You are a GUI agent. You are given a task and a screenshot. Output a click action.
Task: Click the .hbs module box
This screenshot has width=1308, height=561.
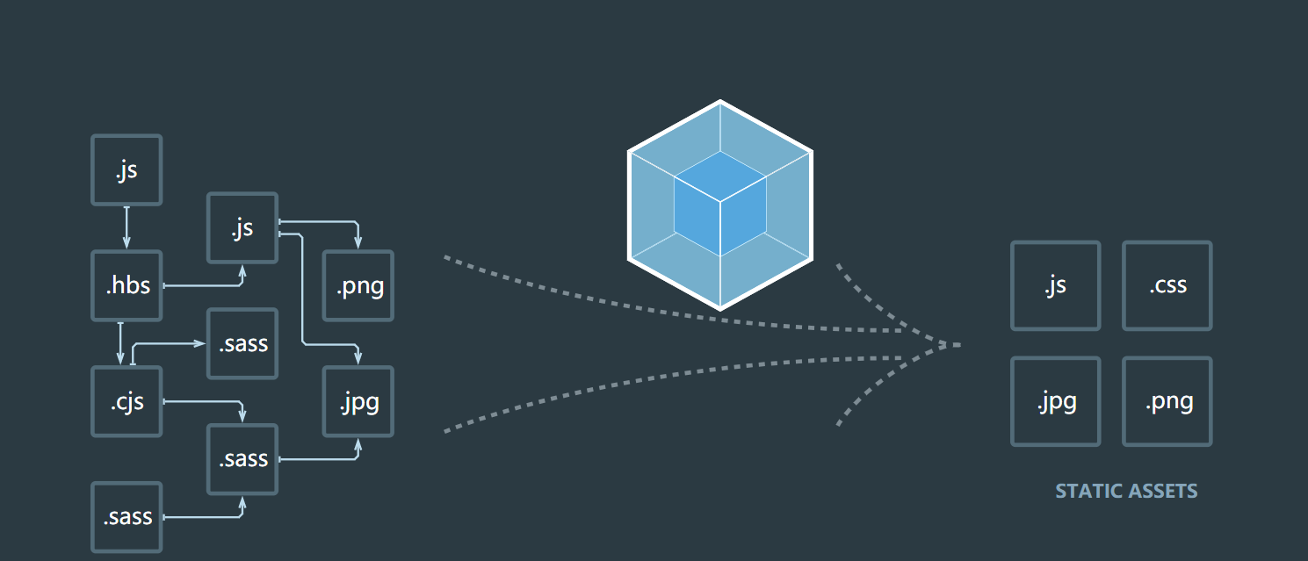point(127,285)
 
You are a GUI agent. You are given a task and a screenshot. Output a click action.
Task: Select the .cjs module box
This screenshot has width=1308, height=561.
point(127,401)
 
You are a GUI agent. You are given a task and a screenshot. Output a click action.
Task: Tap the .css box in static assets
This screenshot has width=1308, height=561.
point(1167,285)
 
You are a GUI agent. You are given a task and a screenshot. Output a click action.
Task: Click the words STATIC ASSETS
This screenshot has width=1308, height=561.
point(1126,491)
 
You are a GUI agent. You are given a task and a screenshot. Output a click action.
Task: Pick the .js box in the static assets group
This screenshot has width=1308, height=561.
point(1055,285)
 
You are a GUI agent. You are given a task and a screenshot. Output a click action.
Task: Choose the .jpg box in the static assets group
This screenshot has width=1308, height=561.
point(1055,401)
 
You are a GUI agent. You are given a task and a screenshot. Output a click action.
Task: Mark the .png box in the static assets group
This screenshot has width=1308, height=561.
point(1167,401)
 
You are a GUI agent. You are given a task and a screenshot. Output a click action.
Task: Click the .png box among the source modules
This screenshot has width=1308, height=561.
point(358,285)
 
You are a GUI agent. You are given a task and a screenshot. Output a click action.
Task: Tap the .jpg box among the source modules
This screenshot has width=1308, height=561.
point(358,401)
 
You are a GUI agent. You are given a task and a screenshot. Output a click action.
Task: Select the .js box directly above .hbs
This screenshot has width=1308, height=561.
point(127,169)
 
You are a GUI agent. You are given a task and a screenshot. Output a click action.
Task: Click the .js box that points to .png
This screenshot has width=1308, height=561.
point(242,227)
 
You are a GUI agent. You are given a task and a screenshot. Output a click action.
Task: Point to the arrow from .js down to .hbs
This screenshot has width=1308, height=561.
point(127,227)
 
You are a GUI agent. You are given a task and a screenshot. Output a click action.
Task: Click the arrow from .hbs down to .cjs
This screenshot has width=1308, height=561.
point(120,343)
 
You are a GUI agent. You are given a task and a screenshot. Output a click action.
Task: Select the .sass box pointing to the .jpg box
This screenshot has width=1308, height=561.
point(242,459)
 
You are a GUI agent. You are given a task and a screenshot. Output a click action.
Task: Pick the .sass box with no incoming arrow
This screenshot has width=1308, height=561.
point(127,517)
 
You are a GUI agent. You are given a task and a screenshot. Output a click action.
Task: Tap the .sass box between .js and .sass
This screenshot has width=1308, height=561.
point(242,343)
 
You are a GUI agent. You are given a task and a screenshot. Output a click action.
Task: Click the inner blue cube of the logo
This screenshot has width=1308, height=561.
point(720,204)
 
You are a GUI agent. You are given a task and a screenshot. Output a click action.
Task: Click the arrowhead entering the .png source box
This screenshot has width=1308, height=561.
point(358,242)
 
